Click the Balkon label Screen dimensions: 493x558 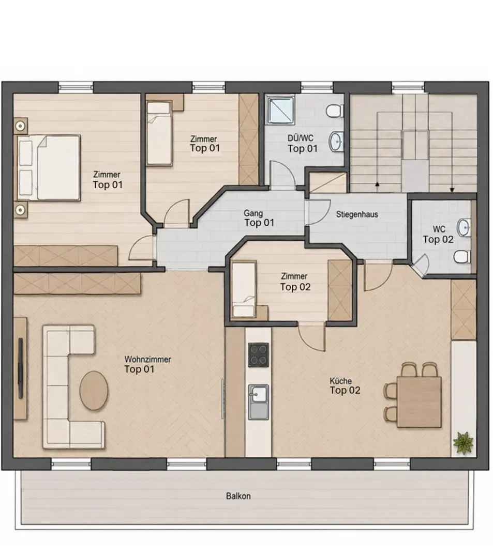tap(238, 495)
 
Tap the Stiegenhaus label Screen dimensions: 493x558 tap(357, 214)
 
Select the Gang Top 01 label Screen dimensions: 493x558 tap(259, 218)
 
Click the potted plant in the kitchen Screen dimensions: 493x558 tap(463, 443)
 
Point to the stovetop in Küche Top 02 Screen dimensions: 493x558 tap(259, 354)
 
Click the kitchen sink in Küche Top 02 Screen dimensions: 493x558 tap(259, 402)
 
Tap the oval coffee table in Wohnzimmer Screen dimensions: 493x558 tap(94, 391)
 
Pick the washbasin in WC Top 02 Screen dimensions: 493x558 tap(464, 228)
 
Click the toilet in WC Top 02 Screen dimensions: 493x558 tap(462, 256)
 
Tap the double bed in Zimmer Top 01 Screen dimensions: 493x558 tap(48, 167)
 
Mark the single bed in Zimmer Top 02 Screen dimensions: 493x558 tap(243, 289)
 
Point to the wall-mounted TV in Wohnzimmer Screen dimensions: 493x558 tap(21, 368)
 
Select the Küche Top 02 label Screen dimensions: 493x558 tap(345, 386)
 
